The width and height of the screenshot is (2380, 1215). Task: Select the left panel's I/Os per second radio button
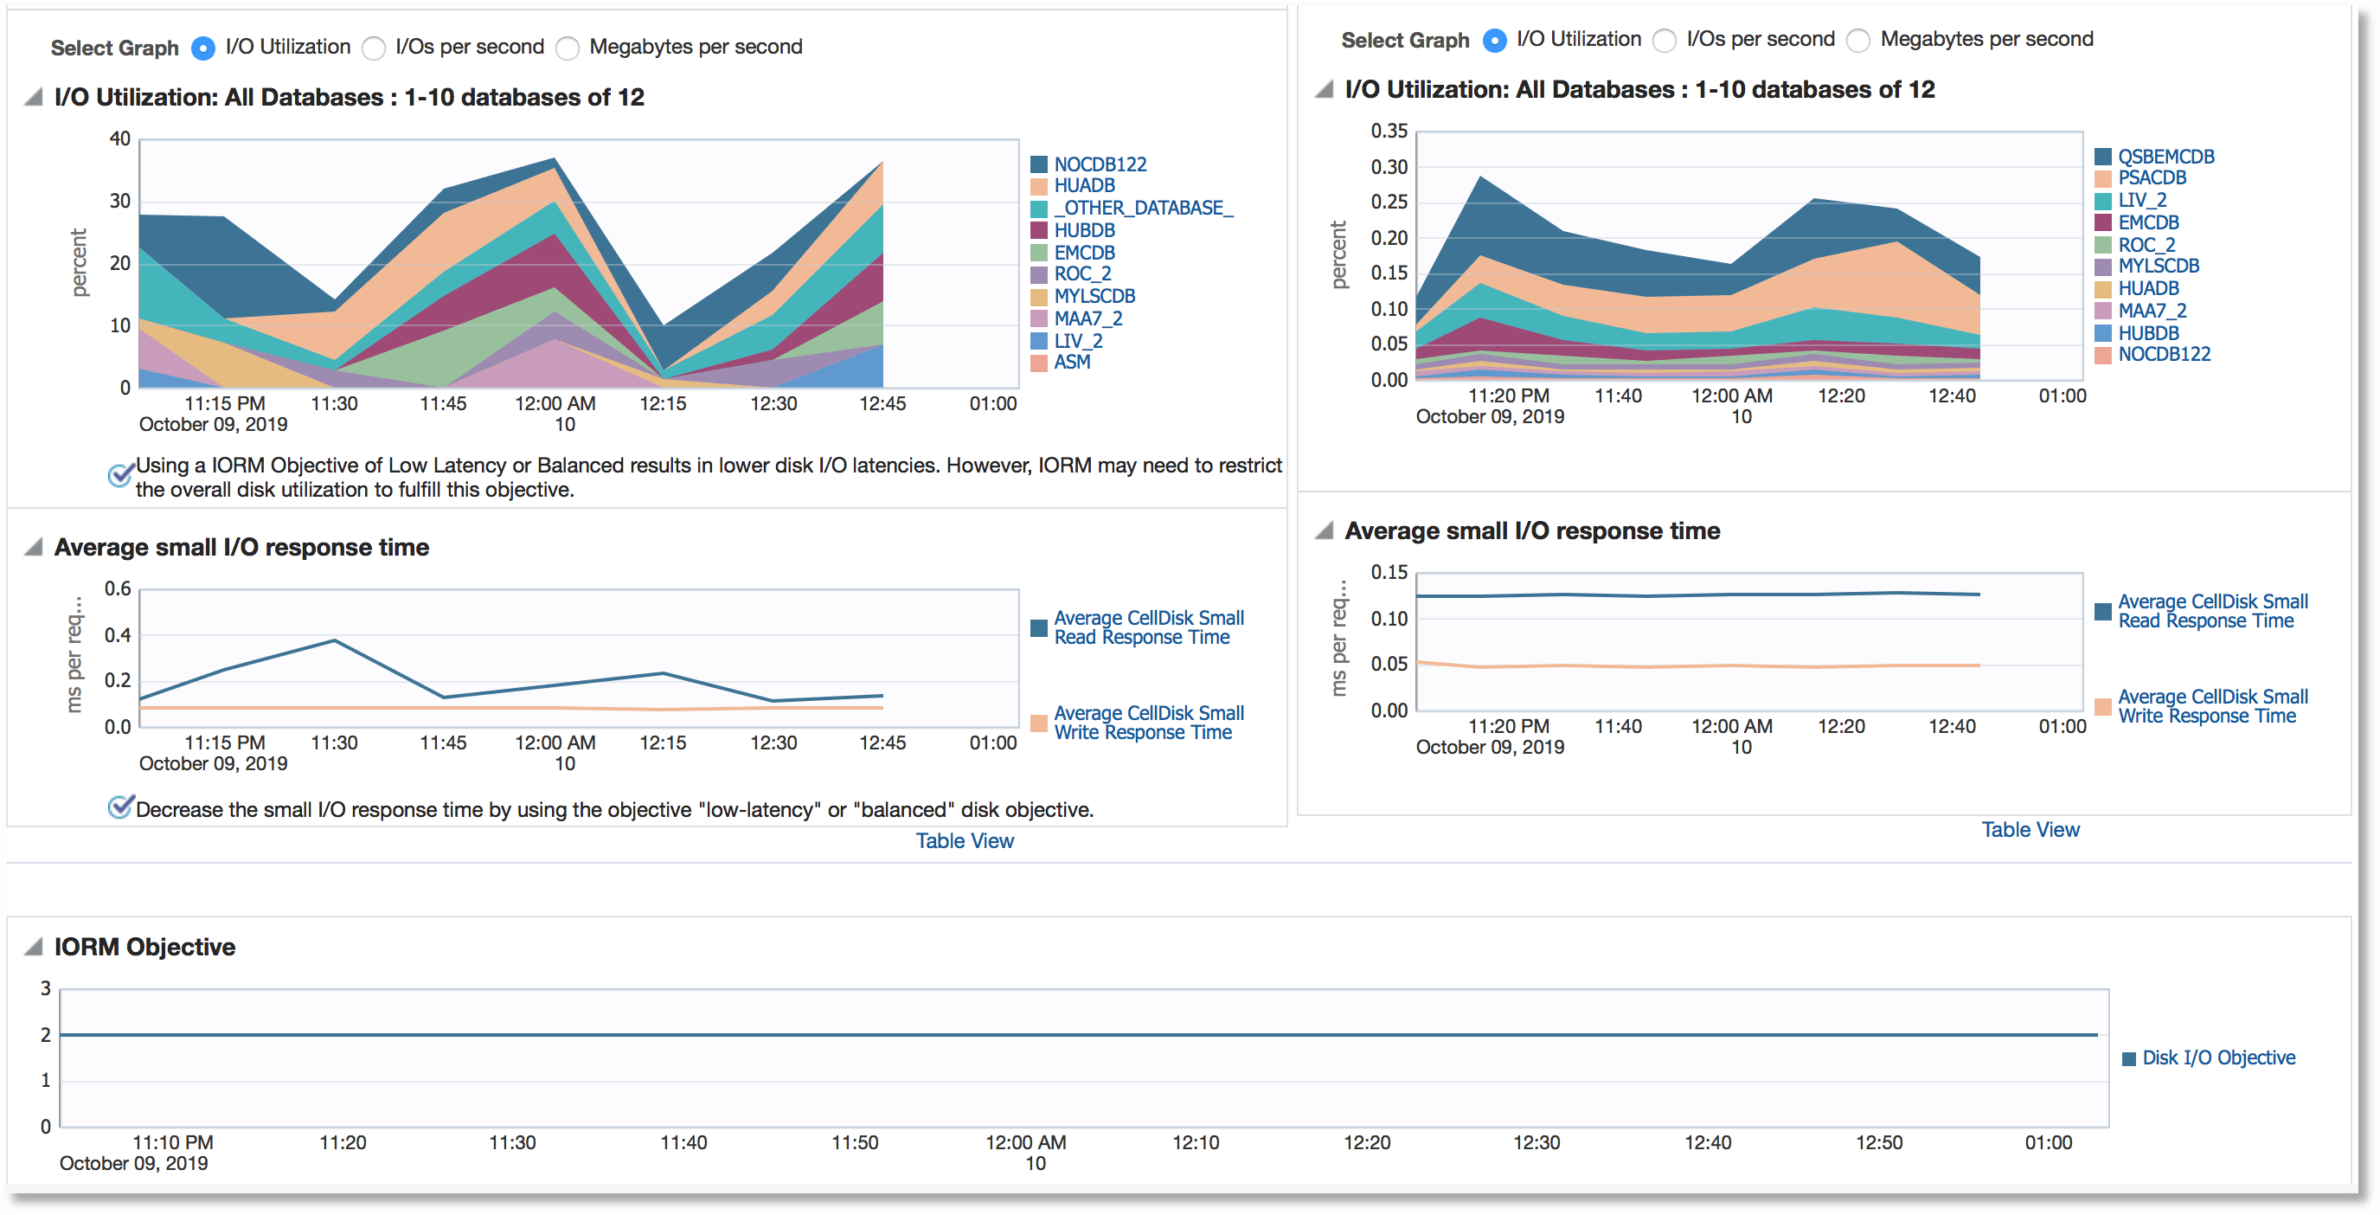tap(375, 48)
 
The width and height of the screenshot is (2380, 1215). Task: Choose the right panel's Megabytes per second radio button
tap(1859, 41)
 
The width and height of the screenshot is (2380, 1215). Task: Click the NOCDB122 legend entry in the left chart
tap(1100, 164)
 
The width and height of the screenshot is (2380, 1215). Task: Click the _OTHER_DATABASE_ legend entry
tap(1143, 208)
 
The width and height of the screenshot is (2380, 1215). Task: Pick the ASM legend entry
tap(1072, 363)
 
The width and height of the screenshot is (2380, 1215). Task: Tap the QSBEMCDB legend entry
tap(2165, 157)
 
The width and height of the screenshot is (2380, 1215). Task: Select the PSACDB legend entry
tap(2152, 178)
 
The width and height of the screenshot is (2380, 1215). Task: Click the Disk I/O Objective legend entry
tap(2217, 1057)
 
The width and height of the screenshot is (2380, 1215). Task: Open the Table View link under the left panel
tap(965, 841)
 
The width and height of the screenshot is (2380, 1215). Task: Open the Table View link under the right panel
tap(2030, 830)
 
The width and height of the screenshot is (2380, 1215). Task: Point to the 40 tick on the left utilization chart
tap(120, 138)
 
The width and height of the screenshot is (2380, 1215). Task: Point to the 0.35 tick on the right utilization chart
tap(1389, 132)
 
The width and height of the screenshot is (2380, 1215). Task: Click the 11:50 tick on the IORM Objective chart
tap(855, 1143)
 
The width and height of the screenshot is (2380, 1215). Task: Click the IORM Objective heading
tap(145, 947)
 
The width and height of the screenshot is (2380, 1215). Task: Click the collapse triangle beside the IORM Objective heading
tap(35, 946)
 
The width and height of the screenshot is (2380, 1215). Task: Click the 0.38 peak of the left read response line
tap(335, 640)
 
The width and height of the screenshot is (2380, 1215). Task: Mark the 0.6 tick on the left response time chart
tap(118, 588)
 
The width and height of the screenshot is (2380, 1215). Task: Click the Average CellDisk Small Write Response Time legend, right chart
tap(2212, 707)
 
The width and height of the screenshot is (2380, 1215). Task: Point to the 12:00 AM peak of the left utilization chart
tap(555, 159)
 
